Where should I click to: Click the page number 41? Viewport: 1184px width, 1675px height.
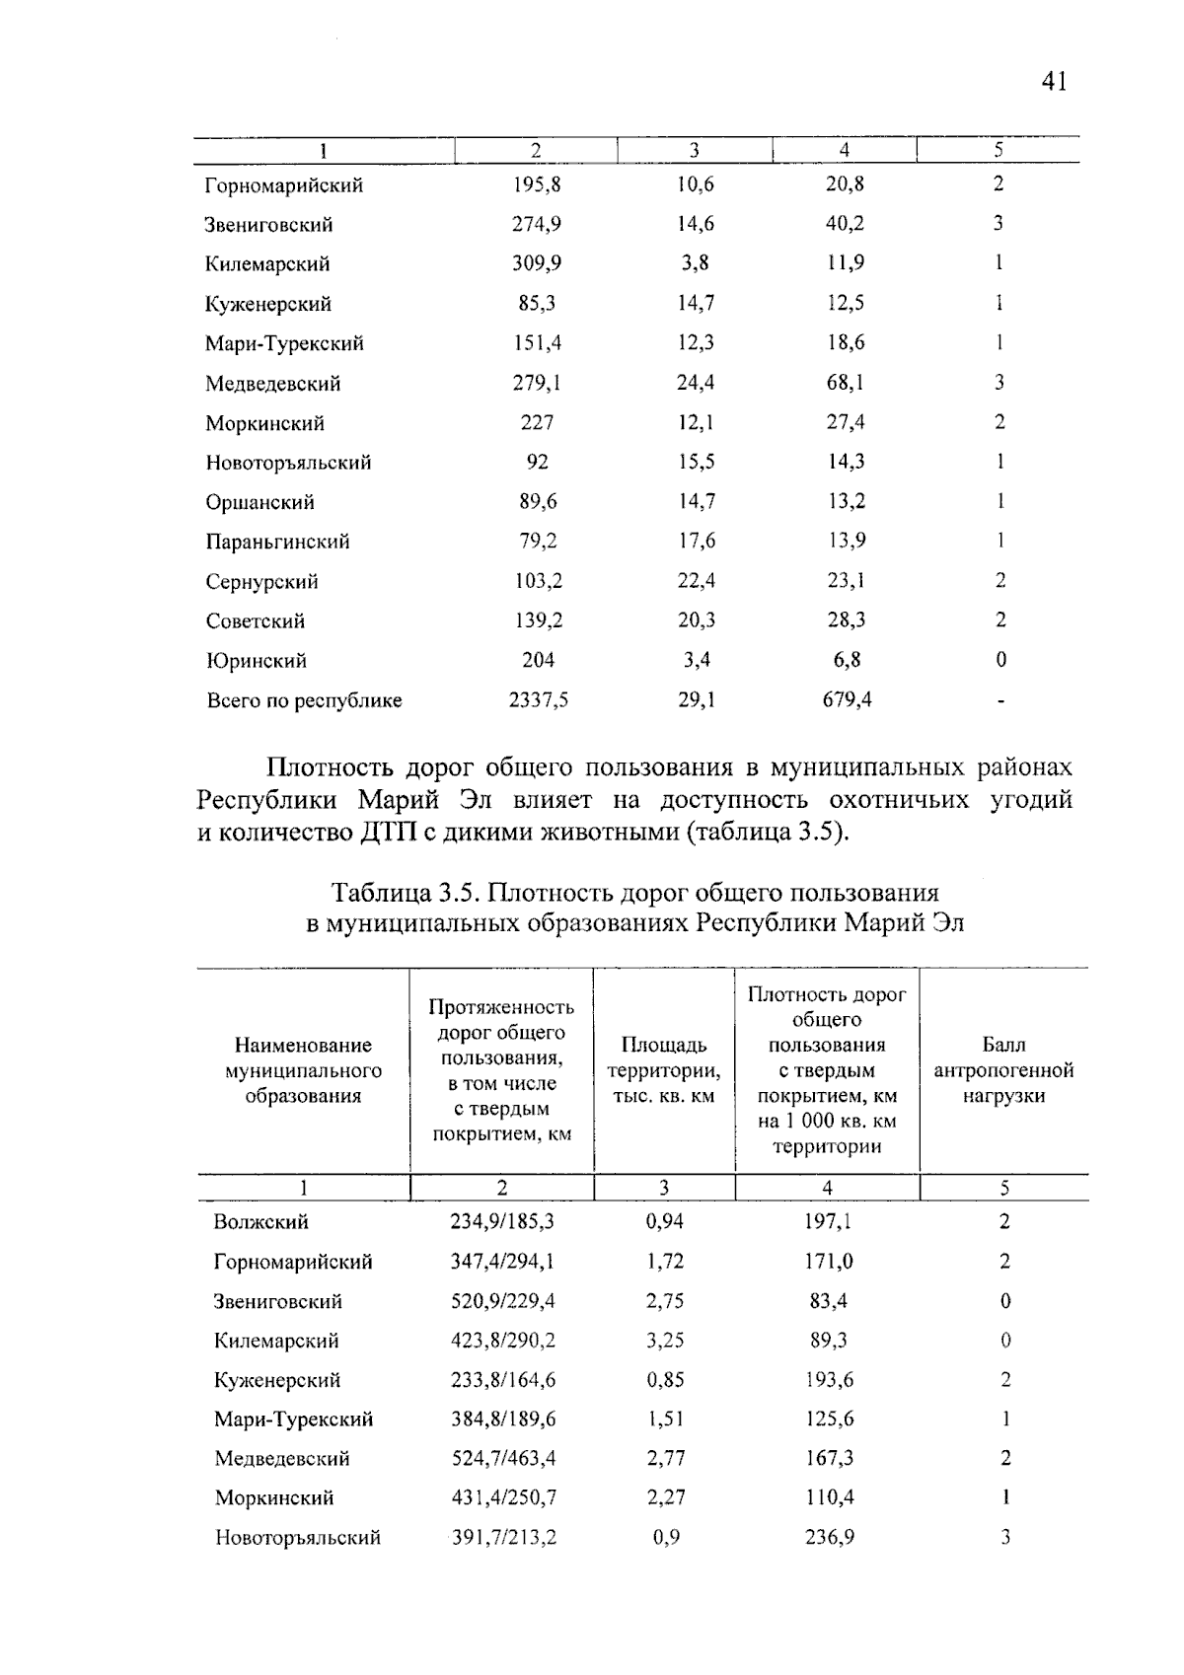1054,82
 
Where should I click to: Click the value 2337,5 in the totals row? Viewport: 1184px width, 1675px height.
538,699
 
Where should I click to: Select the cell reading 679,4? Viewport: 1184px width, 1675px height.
847,699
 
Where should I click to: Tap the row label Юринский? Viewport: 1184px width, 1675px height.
256,660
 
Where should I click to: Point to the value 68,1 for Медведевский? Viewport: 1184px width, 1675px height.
846,382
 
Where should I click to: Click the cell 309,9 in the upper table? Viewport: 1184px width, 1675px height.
537,263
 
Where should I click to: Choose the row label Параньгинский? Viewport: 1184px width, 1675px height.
277,542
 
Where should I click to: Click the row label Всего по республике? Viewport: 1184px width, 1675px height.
304,700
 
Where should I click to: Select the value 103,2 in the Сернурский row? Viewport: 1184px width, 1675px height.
538,581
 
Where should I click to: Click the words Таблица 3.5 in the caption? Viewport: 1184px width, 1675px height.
405,893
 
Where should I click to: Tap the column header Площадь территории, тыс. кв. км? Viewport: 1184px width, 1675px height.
663,1070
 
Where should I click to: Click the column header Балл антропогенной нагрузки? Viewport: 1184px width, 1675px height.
1002,1070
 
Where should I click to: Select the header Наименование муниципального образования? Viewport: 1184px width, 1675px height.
303,1070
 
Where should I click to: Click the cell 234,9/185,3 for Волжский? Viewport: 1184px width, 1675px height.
502,1221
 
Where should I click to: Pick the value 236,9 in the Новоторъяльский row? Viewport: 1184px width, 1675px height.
829,1537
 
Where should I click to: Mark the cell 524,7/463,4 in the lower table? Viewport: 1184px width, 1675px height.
503,1458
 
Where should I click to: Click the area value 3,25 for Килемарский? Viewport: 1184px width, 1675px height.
665,1340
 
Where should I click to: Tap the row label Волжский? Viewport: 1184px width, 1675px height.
260,1222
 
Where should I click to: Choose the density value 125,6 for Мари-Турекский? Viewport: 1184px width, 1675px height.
829,1419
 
